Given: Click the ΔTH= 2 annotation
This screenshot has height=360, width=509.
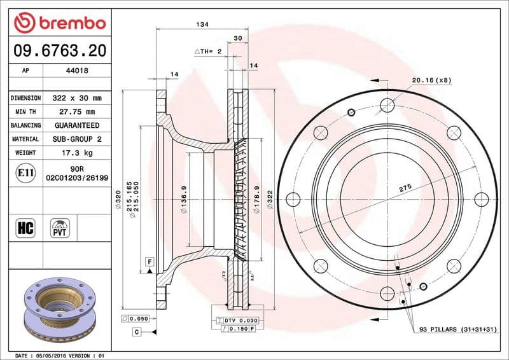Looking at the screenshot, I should pyautogui.click(x=207, y=51).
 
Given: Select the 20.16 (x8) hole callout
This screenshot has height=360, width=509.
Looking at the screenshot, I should pyautogui.click(x=431, y=80).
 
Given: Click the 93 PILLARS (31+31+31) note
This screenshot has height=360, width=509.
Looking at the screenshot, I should pyautogui.click(x=457, y=329).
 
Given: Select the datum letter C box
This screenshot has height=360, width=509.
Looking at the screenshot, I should pyautogui.click(x=136, y=332).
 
